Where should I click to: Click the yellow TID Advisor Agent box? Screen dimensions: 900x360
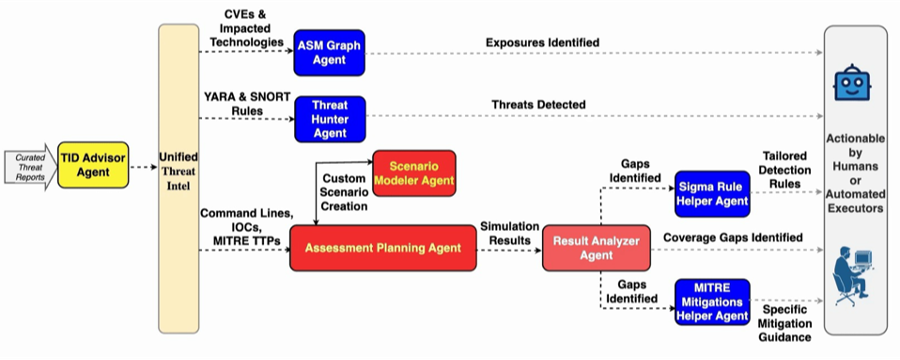coord(93,165)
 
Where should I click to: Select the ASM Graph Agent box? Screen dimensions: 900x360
coord(329,53)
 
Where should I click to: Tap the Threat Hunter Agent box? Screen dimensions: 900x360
coord(330,119)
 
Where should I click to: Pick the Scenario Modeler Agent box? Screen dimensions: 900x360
coord(414,173)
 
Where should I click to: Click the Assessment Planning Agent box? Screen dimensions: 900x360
coord(383,248)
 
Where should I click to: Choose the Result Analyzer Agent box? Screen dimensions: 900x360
coord(596,248)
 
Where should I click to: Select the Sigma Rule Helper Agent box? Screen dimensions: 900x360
coord(712,194)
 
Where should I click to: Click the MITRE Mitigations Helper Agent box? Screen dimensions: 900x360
coord(712,302)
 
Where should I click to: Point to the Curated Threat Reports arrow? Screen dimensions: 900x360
coord(30,167)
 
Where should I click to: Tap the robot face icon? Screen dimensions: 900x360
coord(852,83)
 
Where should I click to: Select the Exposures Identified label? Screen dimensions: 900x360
coord(542,42)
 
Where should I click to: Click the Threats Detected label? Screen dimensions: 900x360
coord(538,104)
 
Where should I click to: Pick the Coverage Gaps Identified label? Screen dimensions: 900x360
coord(733,237)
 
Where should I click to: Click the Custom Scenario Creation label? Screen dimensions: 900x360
coord(345,192)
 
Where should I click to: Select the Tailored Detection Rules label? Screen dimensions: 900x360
coord(786,171)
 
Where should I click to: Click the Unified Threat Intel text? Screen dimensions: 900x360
coord(179,172)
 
